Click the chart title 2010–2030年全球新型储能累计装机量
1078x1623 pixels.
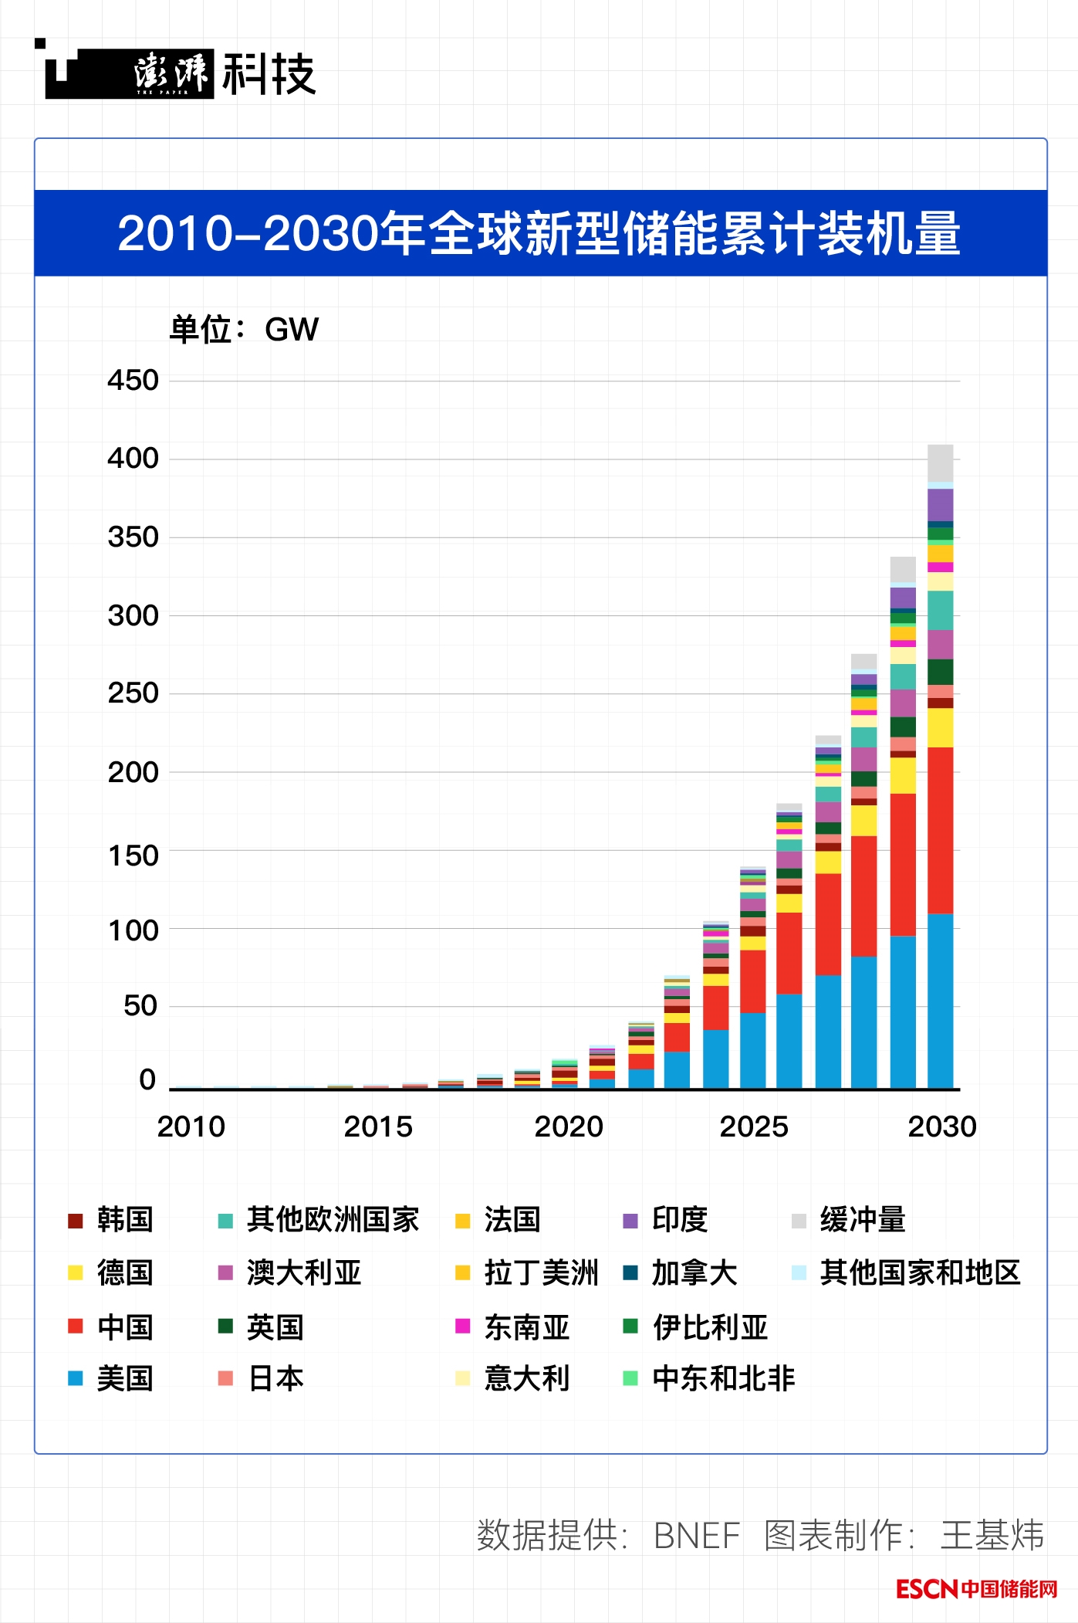tap(539, 233)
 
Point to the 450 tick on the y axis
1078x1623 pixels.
tap(133, 380)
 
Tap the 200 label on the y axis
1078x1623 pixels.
tap(133, 772)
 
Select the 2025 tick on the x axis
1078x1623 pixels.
tap(753, 1127)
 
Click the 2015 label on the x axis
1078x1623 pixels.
tap(378, 1127)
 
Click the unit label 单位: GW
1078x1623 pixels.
tap(244, 330)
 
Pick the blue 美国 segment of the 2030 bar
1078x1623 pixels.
tap(940, 1001)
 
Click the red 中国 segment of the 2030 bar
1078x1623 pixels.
tap(940, 830)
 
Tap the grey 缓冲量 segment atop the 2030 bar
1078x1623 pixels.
tap(940, 463)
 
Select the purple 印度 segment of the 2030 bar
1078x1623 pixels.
tap(940, 505)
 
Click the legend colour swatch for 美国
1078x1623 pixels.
tap(75, 1378)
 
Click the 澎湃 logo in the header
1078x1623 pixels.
tap(170, 73)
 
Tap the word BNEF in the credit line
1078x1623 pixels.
tap(696, 1535)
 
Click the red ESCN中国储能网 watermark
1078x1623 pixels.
tap(976, 1589)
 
